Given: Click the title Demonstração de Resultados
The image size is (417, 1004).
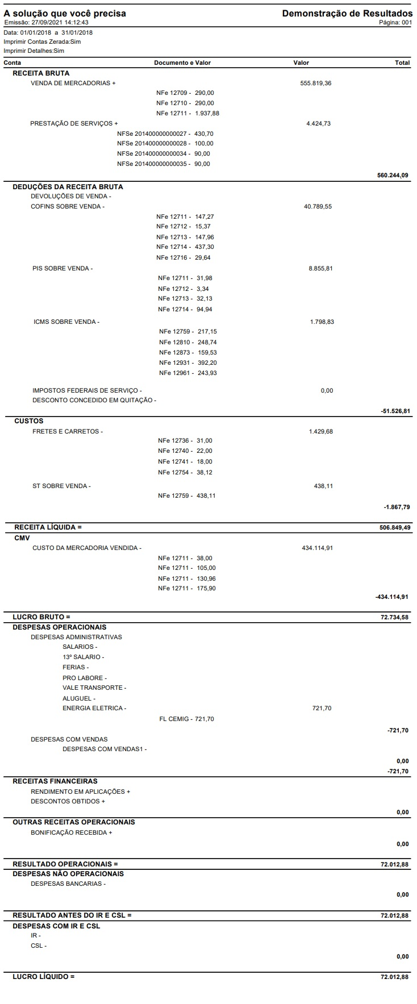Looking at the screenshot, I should (x=347, y=13).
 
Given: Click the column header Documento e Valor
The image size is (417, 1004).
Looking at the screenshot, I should (x=182, y=63).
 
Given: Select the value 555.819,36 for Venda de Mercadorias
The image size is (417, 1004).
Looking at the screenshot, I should (x=315, y=83).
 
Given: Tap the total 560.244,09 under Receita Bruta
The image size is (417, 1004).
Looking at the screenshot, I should (x=393, y=176).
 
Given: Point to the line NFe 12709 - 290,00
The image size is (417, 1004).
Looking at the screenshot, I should (x=185, y=93).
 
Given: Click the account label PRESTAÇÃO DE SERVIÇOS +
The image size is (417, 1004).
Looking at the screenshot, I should (x=74, y=123).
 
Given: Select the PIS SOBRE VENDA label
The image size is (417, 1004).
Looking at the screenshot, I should (x=62, y=268).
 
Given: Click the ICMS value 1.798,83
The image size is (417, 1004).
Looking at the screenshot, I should (x=322, y=322).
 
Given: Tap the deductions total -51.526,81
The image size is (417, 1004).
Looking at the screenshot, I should (x=395, y=411).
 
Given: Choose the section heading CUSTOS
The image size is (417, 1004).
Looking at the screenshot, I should (x=28, y=421).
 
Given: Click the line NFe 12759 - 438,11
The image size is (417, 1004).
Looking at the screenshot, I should (x=186, y=496).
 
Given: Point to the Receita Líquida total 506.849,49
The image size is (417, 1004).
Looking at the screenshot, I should (x=394, y=527).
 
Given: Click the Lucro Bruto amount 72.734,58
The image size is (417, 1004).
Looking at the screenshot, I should (x=394, y=617).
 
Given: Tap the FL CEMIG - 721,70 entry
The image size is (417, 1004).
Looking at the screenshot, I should (x=187, y=719).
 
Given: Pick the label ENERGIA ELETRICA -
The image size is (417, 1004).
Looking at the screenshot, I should (x=94, y=708).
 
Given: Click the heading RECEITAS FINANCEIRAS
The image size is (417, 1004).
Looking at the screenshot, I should (x=55, y=781).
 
